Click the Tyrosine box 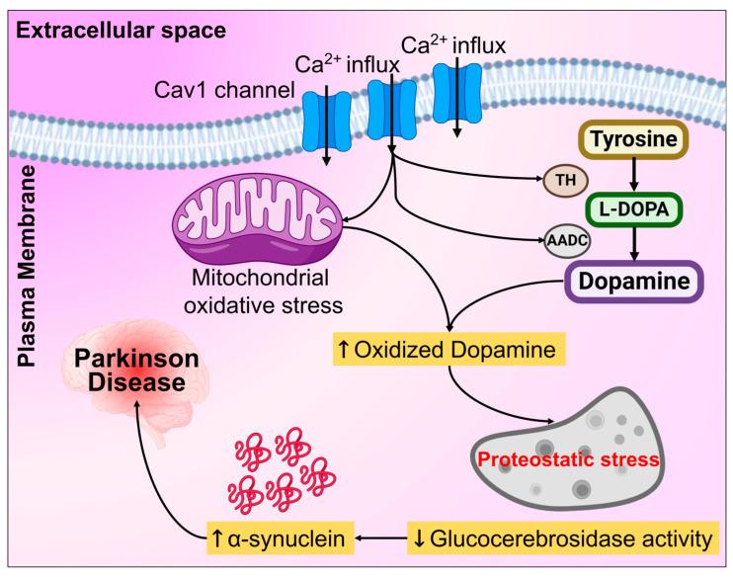640,140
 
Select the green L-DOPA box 640,209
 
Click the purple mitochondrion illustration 260,216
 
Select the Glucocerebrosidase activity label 560,539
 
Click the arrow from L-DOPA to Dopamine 640,243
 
